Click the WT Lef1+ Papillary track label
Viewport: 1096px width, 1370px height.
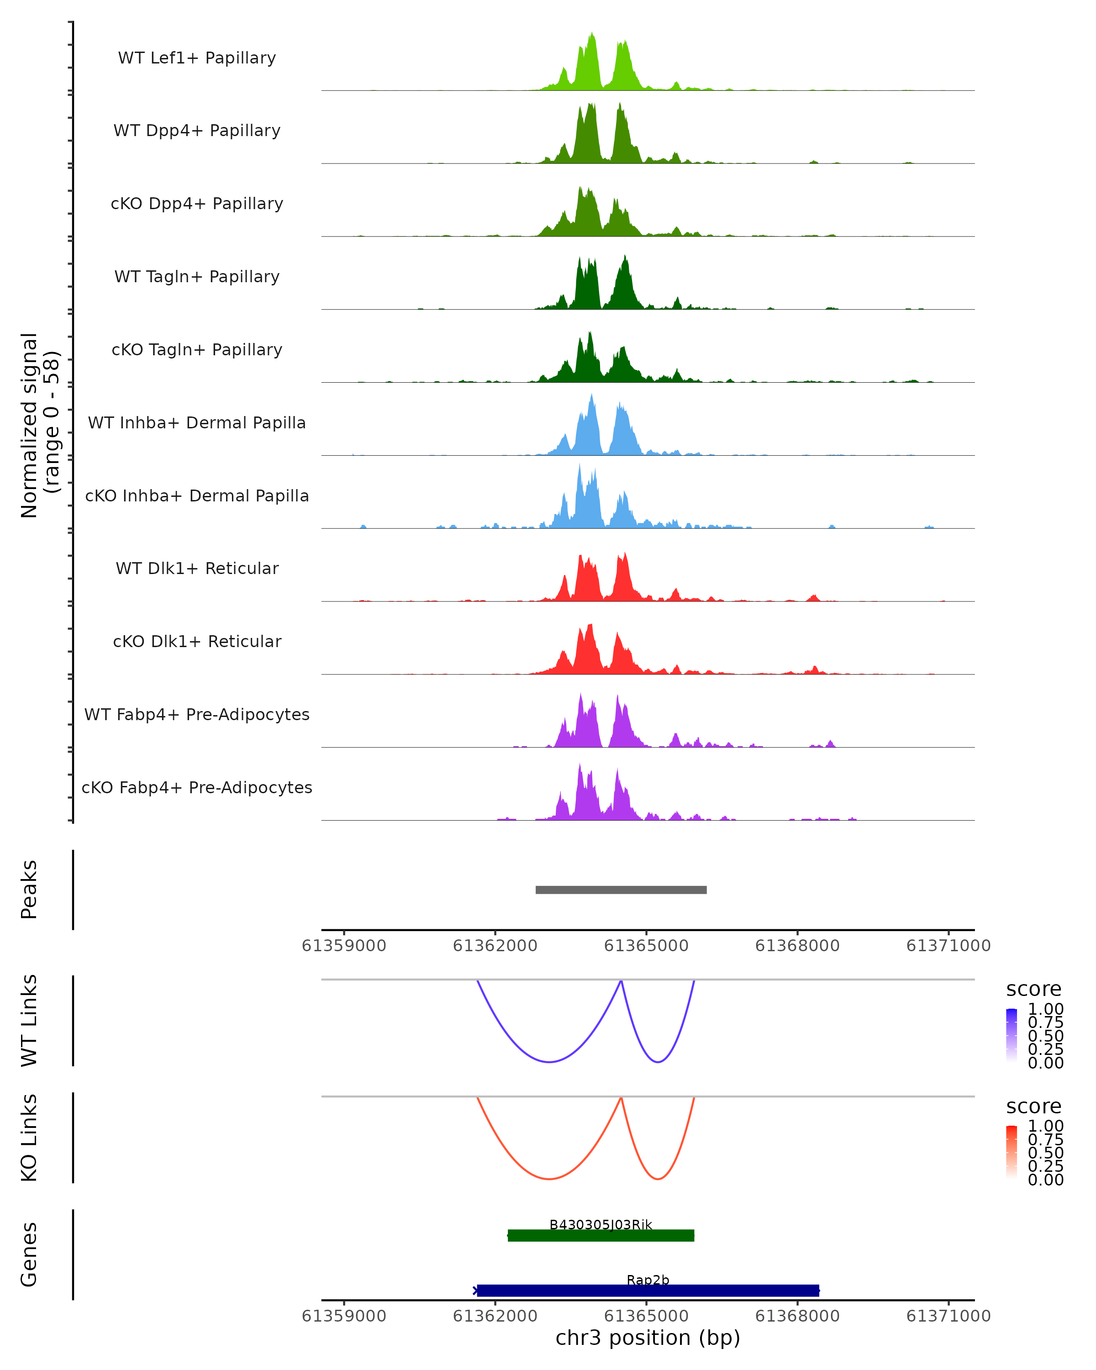pos(197,58)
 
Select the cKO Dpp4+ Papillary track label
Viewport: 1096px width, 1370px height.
pos(197,203)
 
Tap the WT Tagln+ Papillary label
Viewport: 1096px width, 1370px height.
pos(197,276)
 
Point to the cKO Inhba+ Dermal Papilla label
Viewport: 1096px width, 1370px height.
pos(197,495)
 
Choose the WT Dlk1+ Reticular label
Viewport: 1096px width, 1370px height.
pos(197,568)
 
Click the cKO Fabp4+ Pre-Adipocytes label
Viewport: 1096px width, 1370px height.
pos(197,787)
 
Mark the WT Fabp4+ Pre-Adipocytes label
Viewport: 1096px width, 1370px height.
pos(197,714)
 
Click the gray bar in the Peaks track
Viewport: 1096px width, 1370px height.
pos(621,890)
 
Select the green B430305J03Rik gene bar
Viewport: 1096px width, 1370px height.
pos(601,1235)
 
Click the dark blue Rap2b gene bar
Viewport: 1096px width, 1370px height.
pos(648,1291)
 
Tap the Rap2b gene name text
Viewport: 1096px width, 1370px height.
pos(648,1280)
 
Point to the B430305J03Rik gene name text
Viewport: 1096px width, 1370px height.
pos(601,1224)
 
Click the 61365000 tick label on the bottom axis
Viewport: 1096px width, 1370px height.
pos(646,1316)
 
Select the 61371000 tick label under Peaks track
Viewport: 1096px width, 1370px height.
pos(948,946)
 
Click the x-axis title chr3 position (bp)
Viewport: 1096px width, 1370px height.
pos(648,1338)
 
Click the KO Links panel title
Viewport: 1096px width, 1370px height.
pos(29,1138)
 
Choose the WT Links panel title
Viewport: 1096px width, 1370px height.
pos(29,1021)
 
